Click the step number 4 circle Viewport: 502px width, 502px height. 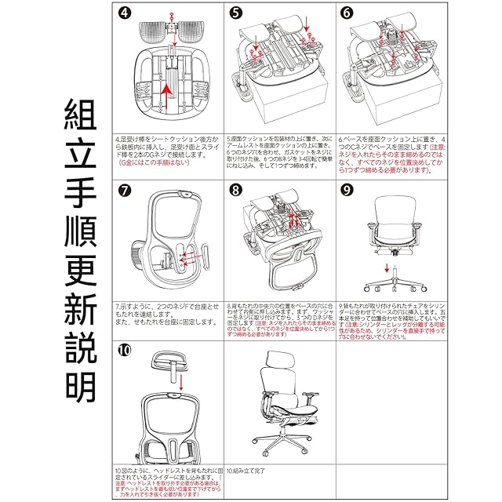coord(124,13)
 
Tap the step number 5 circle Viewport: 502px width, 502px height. coord(237,13)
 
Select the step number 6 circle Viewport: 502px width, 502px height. coord(347,13)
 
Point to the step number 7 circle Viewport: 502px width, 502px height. coord(124,191)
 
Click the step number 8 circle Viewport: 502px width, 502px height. coord(236,191)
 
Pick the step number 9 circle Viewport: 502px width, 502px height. coord(347,191)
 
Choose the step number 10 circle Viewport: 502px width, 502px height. coord(125,351)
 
